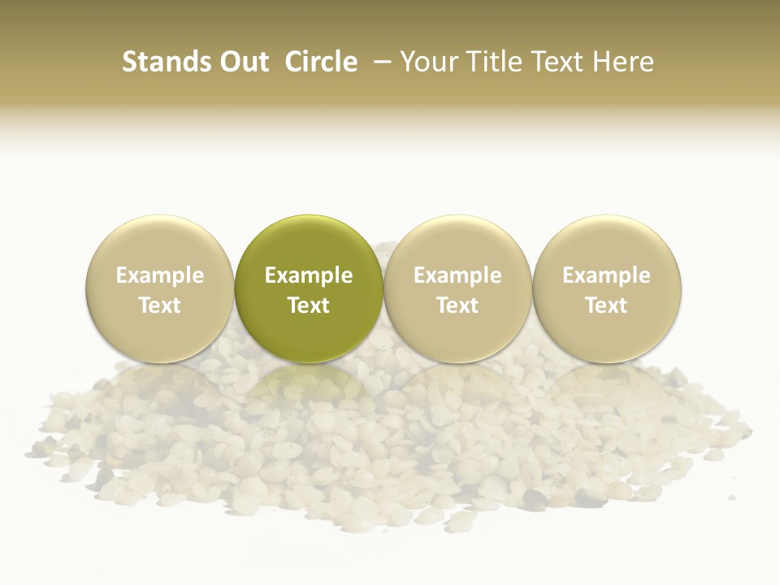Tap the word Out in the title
tap(243, 62)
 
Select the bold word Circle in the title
tap(321, 62)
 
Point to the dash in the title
tap(379, 62)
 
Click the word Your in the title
tap(426, 62)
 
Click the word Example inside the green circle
tap(309, 275)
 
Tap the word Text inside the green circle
tap(309, 305)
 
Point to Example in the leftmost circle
tap(160, 275)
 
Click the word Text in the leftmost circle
tap(160, 305)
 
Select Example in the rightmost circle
tap(607, 275)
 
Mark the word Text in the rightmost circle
tap(607, 305)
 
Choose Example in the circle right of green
tap(457, 275)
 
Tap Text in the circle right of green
tap(457, 305)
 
